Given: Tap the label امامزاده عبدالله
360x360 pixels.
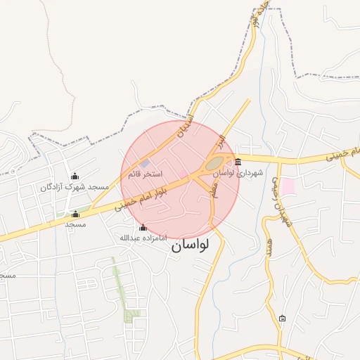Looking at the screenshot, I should (x=143, y=238).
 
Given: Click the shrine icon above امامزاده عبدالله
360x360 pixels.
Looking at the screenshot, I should (x=143, y=227).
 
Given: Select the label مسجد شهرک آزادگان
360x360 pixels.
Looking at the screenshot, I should (x=75, y=186).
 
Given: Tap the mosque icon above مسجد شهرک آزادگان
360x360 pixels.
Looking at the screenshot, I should (x=75, y=176).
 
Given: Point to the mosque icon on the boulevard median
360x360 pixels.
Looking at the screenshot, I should (x=76, y=214).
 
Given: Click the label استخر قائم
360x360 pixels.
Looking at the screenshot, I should (x=145, y=173).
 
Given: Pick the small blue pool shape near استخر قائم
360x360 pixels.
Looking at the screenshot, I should (x=143, y=164).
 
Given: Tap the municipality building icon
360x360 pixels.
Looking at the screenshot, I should (x=238, y=162).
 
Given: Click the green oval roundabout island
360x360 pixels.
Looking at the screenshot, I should (x=214, y=165).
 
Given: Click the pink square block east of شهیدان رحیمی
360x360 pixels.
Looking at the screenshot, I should (x=288, y=186).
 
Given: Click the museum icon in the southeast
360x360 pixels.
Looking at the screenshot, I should (x=283, y=318).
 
